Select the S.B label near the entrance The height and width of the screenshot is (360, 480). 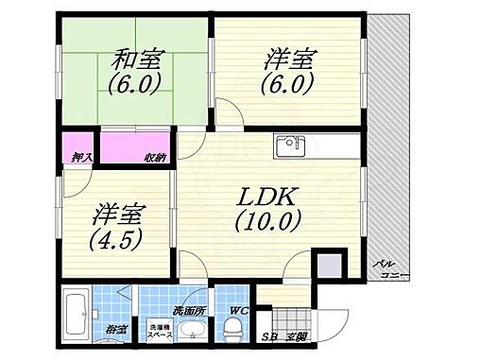point(269,335)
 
